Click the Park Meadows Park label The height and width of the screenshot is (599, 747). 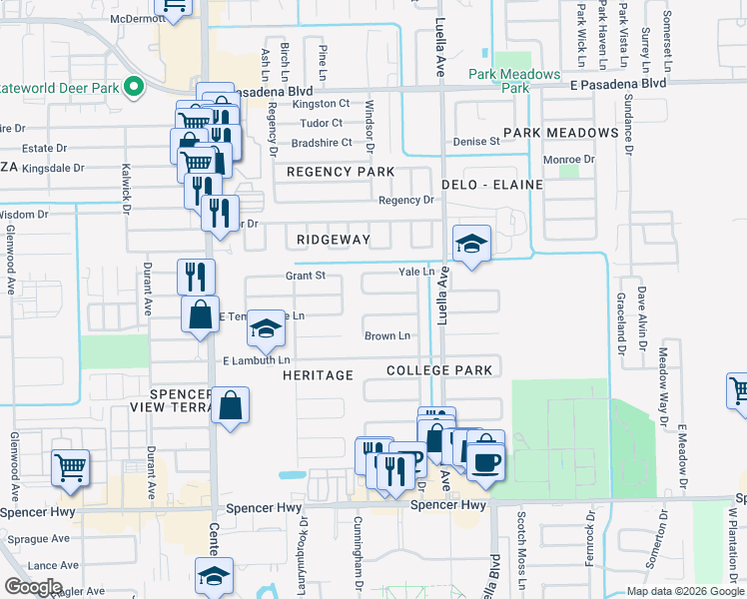click(514, 81)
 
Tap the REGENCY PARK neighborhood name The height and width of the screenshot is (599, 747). click(341, 172)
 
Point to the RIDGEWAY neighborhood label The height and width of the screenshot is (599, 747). click(334, 240)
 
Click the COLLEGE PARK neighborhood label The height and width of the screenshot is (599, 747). click(440, 370)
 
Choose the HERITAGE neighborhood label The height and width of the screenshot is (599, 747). click(318, 374)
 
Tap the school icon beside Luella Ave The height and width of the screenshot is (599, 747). click(472, 243)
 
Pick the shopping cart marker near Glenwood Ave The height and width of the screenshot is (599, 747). click(70, 465)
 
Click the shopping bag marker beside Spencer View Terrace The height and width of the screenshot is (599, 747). click(230, 405)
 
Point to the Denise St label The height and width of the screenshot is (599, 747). click(476, 142)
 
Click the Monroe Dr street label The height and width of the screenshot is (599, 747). click(568, 159)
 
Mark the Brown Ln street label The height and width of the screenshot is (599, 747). click(387, 336)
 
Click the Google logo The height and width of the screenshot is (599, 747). click(33, 587)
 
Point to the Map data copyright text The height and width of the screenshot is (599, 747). click(685, 591)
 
